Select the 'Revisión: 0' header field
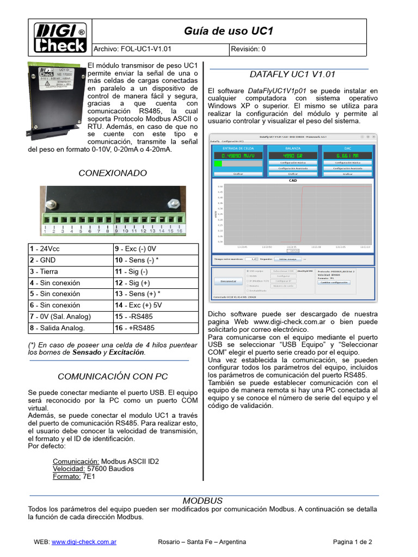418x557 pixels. pos(248,49)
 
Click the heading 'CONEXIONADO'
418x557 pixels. pos(113,173)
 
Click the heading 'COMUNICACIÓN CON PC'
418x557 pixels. pos(113,376)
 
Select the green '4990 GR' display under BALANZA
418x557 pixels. pos(292,155)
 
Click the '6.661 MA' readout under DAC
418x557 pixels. pos(347,155)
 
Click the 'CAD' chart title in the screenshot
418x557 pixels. pos(292,181)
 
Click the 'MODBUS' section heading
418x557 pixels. pos(202,500)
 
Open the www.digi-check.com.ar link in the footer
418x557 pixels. pos(84,542)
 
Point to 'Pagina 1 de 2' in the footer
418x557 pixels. pos(353,542)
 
